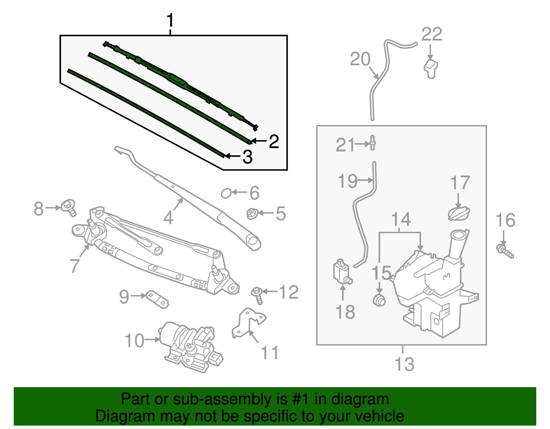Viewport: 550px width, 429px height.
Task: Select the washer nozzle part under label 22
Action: pos(431,69)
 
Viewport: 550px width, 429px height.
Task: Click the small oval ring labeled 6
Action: pos(226,193)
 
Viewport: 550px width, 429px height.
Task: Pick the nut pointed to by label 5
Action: pos(252,214)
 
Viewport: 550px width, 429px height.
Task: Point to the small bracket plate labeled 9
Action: pos(157,299)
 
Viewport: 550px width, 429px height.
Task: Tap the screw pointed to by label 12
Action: pos(257,295)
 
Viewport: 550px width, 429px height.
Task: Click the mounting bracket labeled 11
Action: pos(249,323)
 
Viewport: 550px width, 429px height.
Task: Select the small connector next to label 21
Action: pos(373,143)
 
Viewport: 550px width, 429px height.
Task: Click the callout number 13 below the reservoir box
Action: pos(404,364)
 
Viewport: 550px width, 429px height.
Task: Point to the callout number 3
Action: pos(247,157)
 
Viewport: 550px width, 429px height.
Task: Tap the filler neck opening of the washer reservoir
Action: pos(459,235)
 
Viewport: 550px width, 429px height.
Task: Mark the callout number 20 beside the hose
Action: pos(360,59)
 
